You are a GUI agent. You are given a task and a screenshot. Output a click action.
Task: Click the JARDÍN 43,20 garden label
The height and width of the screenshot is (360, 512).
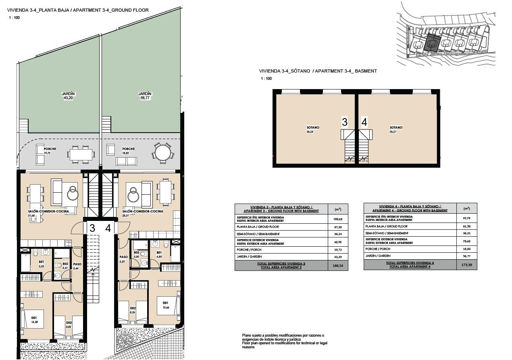pos(68,96)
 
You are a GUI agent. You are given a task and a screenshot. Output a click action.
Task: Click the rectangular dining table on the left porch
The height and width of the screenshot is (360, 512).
pos(81,154)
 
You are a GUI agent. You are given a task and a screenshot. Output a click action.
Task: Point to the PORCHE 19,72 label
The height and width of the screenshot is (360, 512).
pos(50,151)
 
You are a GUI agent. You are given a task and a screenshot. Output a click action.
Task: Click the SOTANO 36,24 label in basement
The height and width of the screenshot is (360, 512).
pos(312,129)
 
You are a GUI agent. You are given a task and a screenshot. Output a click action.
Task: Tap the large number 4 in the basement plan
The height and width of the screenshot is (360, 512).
pos(364,122)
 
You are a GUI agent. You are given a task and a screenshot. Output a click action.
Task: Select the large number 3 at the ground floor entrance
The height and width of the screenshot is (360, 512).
pos(92,228)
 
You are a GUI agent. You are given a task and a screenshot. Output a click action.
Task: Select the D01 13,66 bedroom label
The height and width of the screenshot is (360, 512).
pos(165,305)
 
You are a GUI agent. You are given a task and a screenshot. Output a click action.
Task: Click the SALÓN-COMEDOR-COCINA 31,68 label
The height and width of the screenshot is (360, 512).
pos(48,213)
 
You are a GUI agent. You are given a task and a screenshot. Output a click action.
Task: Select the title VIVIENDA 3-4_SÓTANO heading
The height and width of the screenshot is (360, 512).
pos(318,71)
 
